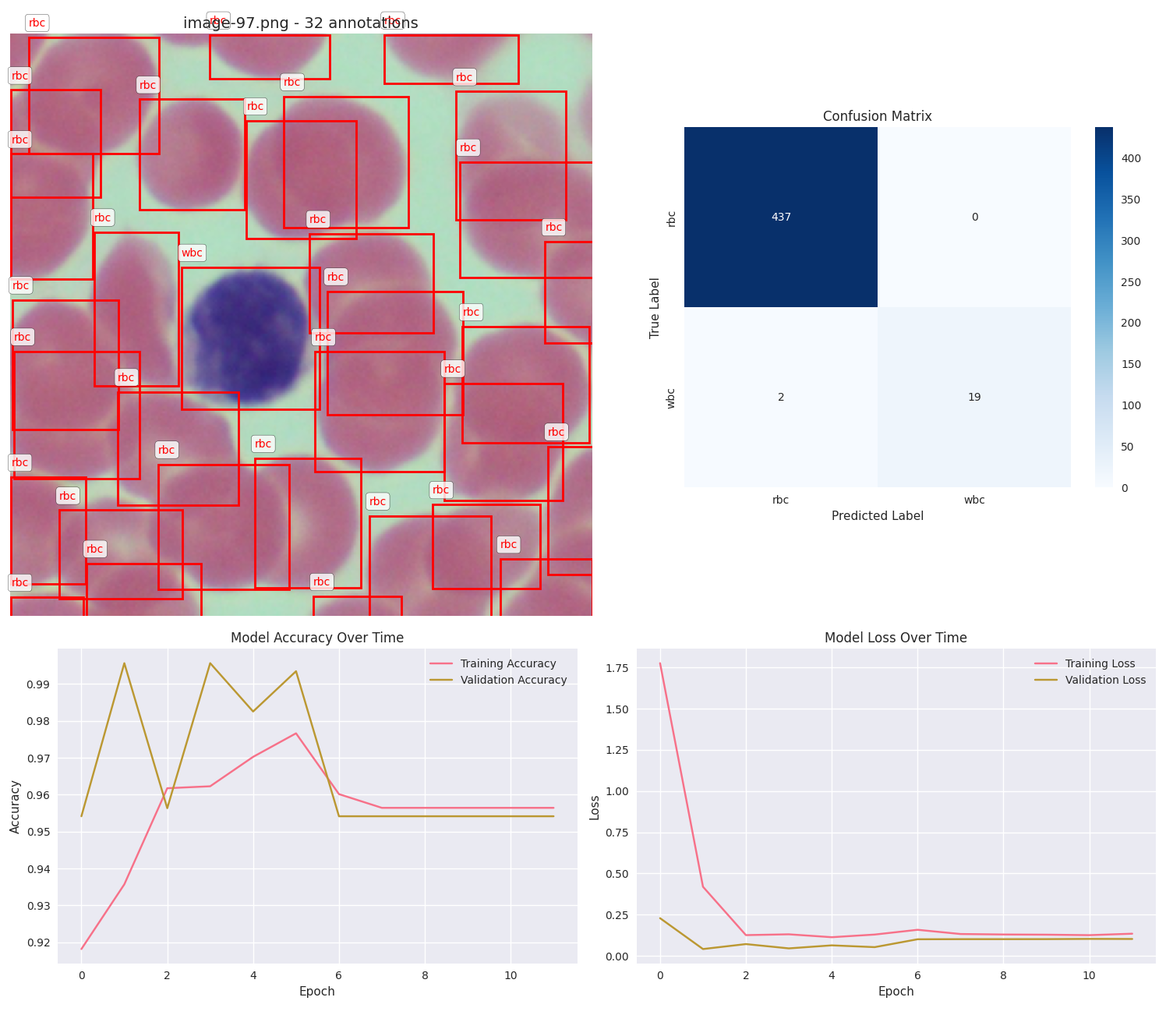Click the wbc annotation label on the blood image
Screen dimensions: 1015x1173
[x=192, y=253]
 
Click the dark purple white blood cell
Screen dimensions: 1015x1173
[x=249, y=336]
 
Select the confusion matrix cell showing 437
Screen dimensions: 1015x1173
[x=781, y=217]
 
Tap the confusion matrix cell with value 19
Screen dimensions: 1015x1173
[x=974, y=397]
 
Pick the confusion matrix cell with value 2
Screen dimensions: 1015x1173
[x=781, y=397]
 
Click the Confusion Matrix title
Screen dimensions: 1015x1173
[x=877, y=116]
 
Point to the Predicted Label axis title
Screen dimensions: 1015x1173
[x=877, y=516]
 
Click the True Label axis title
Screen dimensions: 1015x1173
[x=655, y=307]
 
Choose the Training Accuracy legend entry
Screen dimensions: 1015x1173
[x=507, y=664]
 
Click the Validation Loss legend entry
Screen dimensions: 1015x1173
[x=1105, y=680]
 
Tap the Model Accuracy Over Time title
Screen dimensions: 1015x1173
[x=317, y=638]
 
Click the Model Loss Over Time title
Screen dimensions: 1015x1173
[x=896, y=638]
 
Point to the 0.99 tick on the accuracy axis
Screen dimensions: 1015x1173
[x=39, y=684]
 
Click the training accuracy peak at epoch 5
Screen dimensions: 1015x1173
[x=296, y=733]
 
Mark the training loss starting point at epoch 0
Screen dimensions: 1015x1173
[x=660, y=663]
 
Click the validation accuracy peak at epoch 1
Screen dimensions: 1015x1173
[x=124, y=663]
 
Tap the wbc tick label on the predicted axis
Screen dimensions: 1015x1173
[x=974, y=500]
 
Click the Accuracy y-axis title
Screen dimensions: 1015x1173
[x=16, y=806]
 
